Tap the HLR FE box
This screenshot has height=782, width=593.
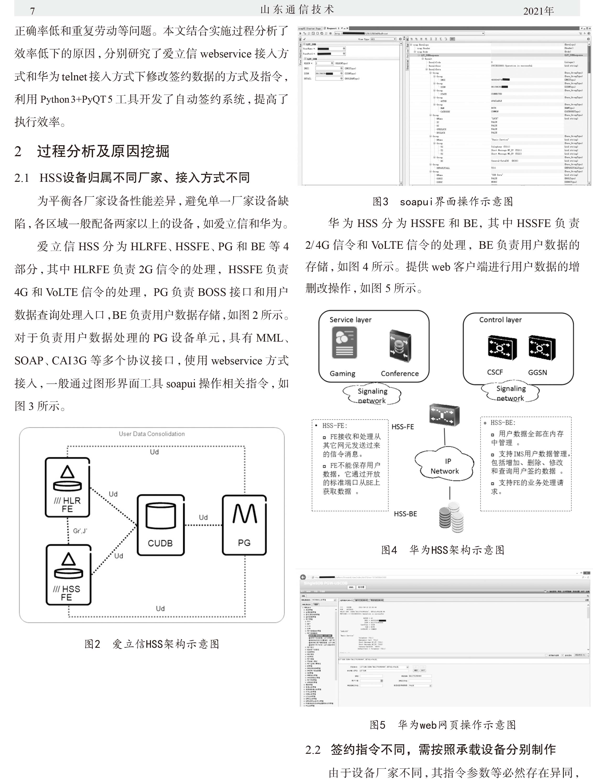coord(67,487)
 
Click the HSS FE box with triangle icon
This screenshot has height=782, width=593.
coord(68,575)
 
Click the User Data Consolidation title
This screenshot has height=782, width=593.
coord(152,434)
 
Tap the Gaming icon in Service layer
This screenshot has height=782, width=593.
coord(344,343)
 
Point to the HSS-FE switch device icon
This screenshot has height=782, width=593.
coord(444,415)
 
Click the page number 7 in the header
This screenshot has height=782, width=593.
coord(33,11)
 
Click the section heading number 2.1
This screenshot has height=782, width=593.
coord(22,178)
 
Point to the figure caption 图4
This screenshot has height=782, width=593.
coord(389,550)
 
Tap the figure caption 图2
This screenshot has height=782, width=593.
coord(92,644)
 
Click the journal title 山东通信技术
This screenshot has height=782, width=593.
coord(297,10)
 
